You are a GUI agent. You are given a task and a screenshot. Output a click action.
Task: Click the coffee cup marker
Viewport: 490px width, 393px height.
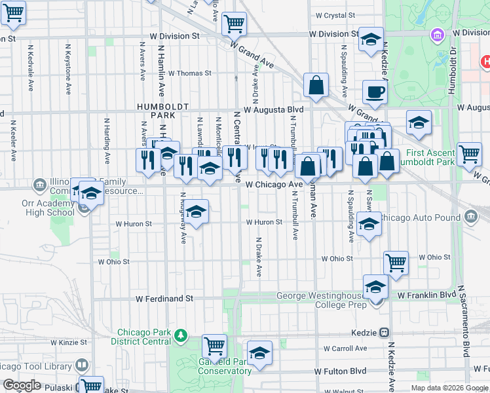[x=375, y=92]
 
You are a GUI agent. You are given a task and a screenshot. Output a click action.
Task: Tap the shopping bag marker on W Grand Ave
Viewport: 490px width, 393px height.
[x=316, y=86]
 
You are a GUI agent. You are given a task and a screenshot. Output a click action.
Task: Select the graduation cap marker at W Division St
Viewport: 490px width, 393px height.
[x=371, y=39]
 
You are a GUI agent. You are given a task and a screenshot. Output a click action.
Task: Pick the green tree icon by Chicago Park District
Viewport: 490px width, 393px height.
[x=181, y=337]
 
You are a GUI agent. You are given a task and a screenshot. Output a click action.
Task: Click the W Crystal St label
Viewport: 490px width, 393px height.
[x=335, y=15]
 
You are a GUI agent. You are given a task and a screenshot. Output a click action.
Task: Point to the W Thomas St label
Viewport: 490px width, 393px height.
[x=190, y=73]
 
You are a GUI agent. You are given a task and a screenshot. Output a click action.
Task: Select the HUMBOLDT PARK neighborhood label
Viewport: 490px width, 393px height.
[x=162, y=110]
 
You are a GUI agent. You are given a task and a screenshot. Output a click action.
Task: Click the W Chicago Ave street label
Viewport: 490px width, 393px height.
[x=274, y=185]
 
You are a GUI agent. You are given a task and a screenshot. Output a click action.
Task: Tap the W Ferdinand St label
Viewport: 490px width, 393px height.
[x=164, y=298]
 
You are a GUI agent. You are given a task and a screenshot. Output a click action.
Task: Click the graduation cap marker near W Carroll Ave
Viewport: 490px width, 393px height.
[x=259, y=353]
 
